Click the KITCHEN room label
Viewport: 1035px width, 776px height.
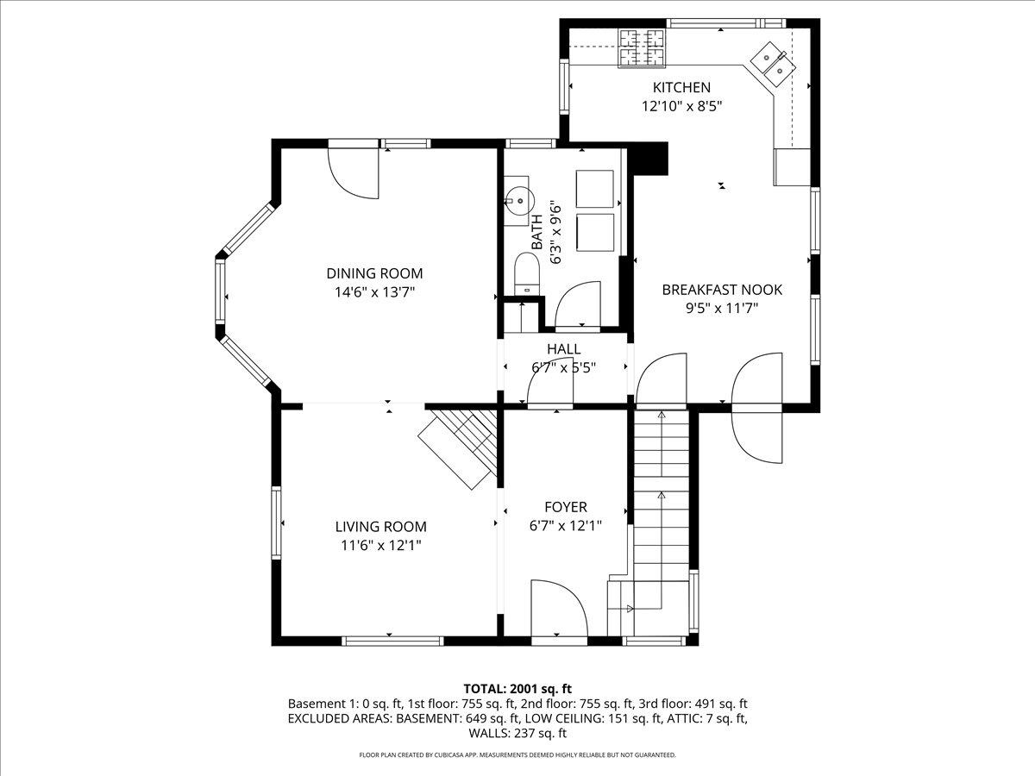click(x=681, y=88)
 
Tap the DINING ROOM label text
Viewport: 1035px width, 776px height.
click(x=374, y=273)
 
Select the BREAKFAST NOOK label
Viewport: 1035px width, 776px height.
click(x=722, y=290)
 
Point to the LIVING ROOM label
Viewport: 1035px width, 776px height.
click(x=380, y=526)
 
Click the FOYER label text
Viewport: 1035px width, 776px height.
click(x=566, y=507)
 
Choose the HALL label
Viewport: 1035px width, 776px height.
click(x=564, y=349)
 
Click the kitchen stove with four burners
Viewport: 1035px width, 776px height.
click(x=642, y=47)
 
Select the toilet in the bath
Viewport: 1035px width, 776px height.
click(x=527, y=273)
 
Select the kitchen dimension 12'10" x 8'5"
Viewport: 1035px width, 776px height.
click(x=682, y=106)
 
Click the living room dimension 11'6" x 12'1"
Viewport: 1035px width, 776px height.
click(x=381, y=545)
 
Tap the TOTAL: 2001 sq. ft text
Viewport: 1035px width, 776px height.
click(x=517, y=689)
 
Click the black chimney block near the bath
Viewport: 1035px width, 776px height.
click(x=650, y=159)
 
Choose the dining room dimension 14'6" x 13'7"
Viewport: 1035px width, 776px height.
click(x=374, y=292)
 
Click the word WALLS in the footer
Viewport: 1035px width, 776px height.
click(x=487, y=733)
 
